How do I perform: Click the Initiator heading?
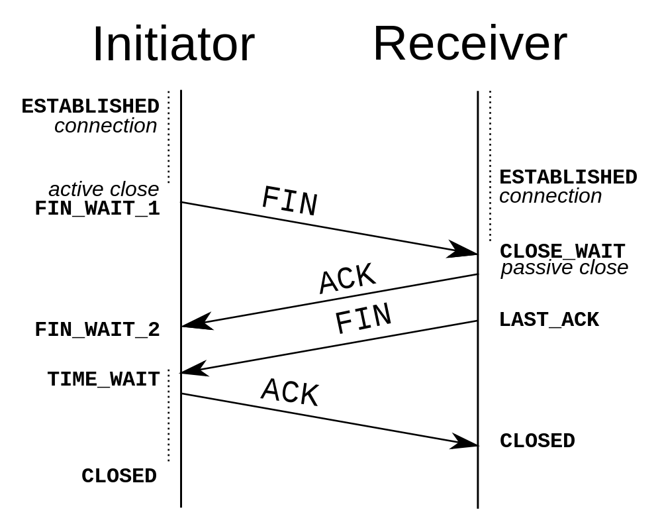[173, 44]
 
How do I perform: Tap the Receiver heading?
[469, 44]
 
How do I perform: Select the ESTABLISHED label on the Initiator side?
[90, 106]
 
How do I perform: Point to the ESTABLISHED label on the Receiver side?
[568, 177]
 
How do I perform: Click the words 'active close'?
[104, 189]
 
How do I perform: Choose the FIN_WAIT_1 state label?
[97, 209]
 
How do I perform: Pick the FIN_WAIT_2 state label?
[97, 329]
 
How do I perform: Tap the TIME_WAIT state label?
[103, 379]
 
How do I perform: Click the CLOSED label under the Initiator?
[119, 476]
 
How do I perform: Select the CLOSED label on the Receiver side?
[537, 441]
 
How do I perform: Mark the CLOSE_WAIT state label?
[562, 251]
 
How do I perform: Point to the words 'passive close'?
[564, 268]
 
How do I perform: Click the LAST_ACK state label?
[549, 319]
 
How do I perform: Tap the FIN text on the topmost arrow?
[289, 201]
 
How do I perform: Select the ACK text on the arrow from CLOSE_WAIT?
[347, 279]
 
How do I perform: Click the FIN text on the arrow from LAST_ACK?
[363, 319]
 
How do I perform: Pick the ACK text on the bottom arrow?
[290, 392]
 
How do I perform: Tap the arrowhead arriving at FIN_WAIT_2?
[196, 322]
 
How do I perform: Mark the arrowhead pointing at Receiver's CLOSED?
[464, 443]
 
